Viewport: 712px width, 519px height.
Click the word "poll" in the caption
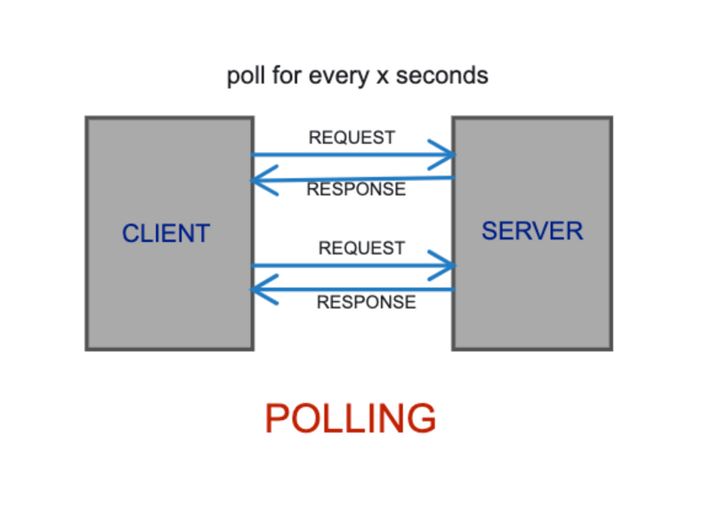click(245, 76)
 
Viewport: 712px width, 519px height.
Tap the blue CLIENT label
click(166, 233)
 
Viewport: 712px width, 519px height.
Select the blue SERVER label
click(532, 231)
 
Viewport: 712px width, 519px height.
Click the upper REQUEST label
click(352, 138)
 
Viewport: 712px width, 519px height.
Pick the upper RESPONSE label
click(356, 189)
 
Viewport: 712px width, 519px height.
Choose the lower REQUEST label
click(361, 248)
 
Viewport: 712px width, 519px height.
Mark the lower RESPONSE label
click(366, 302)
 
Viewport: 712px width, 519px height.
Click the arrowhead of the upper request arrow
click(445, 155)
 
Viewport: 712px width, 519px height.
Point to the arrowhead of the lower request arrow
click(445, 265)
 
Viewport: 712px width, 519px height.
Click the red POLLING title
click(351, 418)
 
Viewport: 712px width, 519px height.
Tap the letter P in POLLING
click(276, 418)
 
